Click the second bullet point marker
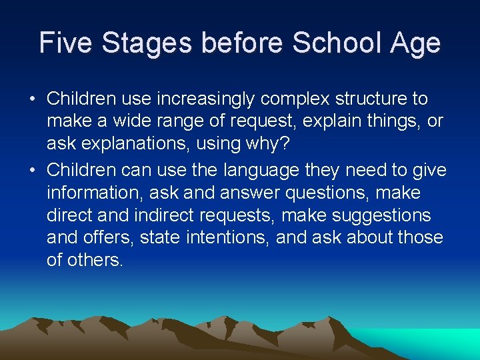pyautogui.click(x=33, y=171)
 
